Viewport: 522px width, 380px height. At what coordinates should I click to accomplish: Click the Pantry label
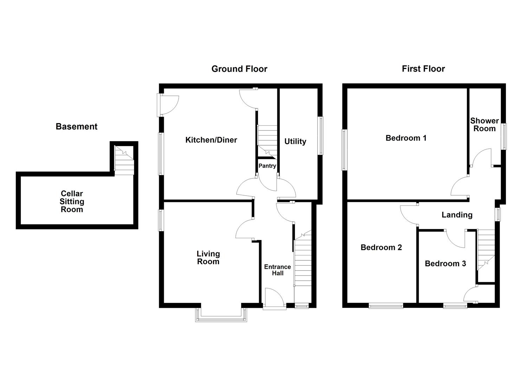(267, 166)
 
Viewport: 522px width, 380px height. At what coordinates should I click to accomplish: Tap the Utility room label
(295, 141)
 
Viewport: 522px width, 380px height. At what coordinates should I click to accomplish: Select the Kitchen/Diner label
(211, 140)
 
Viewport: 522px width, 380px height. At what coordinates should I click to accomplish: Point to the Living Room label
(208, 258)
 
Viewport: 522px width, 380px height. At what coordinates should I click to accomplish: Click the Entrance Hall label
(277, 270)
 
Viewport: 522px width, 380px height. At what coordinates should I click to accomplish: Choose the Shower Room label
(484, 125)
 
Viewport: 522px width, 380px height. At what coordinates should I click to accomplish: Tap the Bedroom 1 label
(406, 138)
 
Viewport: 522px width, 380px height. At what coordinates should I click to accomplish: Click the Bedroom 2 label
(381, 247)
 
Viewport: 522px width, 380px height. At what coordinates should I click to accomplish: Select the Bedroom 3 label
(445, 264)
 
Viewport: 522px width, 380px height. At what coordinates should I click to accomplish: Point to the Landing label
(457, 215)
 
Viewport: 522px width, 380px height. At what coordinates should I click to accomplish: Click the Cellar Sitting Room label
(72, 201)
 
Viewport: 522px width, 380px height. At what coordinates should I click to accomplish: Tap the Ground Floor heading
(239, 69)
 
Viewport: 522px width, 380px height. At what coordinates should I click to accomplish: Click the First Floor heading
(423, 69)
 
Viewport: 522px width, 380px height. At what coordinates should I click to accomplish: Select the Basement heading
(76, 127)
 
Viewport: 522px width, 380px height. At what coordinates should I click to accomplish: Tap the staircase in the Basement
(124, 161)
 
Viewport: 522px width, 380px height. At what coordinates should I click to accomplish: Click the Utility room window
(321, 135)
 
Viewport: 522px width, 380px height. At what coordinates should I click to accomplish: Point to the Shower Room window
(504, 136)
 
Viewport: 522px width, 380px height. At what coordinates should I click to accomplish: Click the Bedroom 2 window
(386, 306)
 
